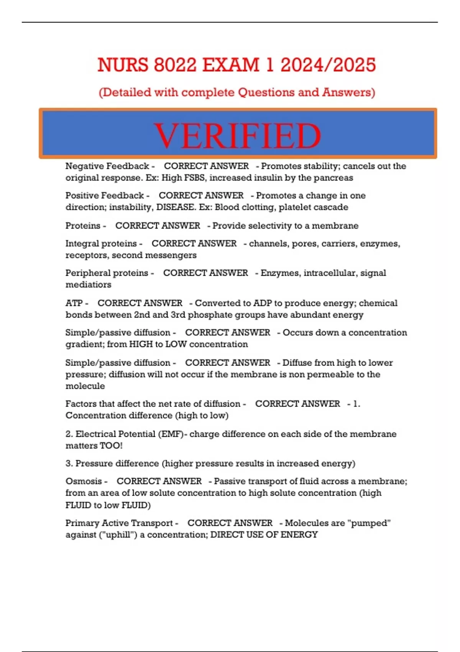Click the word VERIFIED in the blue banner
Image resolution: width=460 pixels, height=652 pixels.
pyautogui.click(x=237, y=136)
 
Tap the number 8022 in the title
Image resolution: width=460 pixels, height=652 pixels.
pyautogui.click(x=175, y=64)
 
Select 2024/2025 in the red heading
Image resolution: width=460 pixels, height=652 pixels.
pyautogui.click(x=328, y=64)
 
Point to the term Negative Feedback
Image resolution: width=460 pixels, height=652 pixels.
pyautogui.click(x=107, y=166)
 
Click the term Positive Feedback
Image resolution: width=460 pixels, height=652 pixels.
pyautogui.click(x=104, y=195)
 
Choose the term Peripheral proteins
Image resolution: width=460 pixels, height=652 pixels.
pyautogui.click(x=107, y=273)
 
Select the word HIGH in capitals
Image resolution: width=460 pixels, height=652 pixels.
pyautogui.click(x=141, y=344)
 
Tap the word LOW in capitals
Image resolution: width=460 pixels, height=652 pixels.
pyautogui.click(x=176, y=344)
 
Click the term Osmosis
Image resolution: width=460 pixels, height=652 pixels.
pyautogui.click(x=84, y=481)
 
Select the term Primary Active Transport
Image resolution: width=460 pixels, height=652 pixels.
pyautogui.click(x=119, y=523)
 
